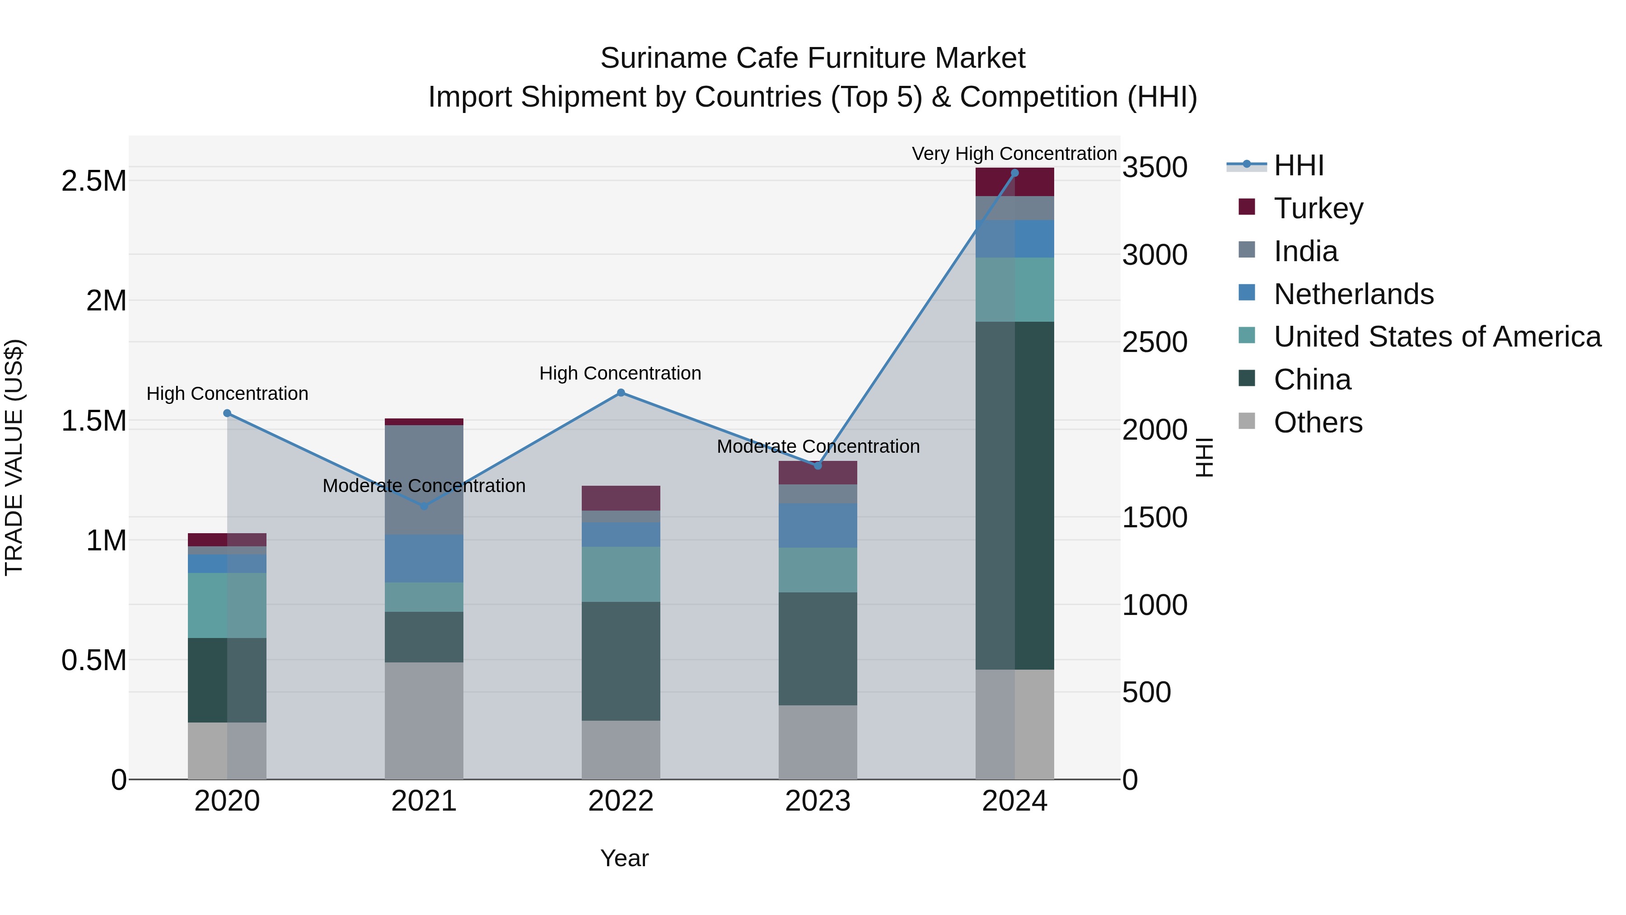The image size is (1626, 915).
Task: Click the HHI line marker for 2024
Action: click(1014, 173)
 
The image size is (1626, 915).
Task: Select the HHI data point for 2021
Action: click(424, 506)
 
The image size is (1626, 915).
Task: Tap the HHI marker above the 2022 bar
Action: click(621, 393)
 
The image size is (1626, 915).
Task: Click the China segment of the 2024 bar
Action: click(1014, 496)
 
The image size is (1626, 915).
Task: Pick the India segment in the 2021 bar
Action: click(424, 480)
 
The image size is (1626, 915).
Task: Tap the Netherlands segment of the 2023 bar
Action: click(818, 526)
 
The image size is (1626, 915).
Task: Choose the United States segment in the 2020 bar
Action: click(227, 605)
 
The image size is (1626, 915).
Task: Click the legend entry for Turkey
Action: click(1318, 208)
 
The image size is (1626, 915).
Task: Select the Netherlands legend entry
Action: click(1353, 294)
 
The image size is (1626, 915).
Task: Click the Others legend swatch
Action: click(1247, 421)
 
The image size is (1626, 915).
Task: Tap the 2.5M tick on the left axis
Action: click(93, 181)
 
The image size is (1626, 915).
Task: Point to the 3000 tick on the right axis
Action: click(1154, 255)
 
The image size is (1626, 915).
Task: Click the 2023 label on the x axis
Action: click(818, 801)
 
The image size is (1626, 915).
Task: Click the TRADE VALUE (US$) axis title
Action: click(14, 457)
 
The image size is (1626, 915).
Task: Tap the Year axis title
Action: click(624, 858)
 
